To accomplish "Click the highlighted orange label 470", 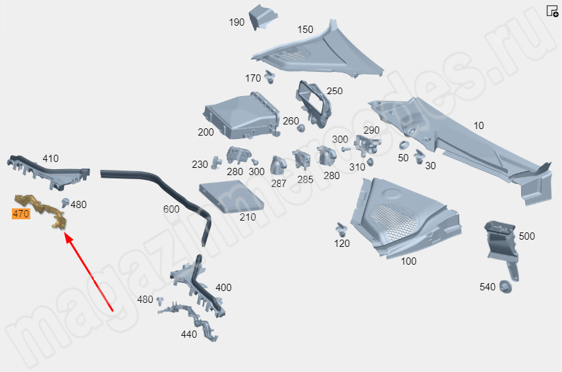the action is coord(21,214).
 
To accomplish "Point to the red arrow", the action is coord(89,272).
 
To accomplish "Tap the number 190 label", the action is coord(237,22).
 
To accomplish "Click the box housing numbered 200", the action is coord(241,116).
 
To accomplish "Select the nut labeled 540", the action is coord(505,287).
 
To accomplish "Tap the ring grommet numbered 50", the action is coord(404,146).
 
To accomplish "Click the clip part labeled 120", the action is coord(341,228).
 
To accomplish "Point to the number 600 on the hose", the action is coord(171,209).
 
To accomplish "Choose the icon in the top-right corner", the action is coord(552,11).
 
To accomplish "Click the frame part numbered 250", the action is coord(313,104).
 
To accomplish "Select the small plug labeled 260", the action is coord(300,128).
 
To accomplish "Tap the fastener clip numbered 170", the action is coord(269,76).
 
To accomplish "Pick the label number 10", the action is coord(478,126).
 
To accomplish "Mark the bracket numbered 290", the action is coord(367,146).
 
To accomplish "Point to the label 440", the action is coord(189,334).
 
